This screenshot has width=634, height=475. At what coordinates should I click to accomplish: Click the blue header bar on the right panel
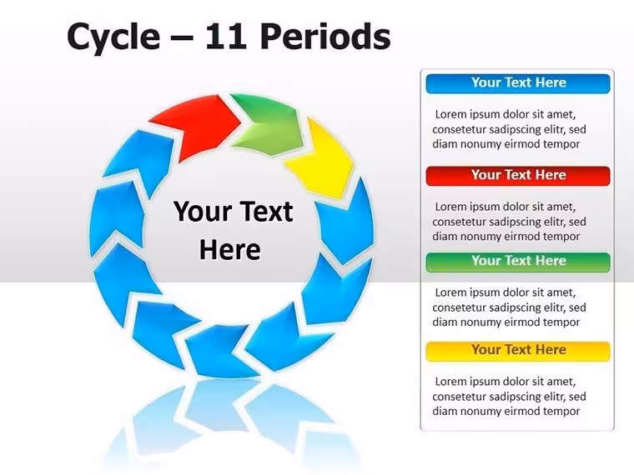tap(518, 83)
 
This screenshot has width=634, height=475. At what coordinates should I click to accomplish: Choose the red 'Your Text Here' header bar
tap(518, 176)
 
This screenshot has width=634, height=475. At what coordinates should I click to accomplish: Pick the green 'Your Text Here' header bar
tap(518, 262)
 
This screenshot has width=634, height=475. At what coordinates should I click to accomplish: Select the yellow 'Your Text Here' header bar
tap(518, 351)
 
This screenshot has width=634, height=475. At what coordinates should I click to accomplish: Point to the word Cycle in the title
tap(113, 37)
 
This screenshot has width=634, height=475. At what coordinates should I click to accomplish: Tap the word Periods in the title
tap(325, 36)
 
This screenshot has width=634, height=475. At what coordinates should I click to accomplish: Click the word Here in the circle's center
tap(229, 249)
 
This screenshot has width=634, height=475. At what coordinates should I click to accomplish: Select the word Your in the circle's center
tap(198, 211)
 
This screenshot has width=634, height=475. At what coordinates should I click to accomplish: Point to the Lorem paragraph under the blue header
tap(509, 129)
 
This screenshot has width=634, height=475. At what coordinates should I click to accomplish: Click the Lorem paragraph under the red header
tap(509, 222)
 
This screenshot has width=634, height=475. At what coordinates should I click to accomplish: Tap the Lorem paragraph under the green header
tap(509, 307)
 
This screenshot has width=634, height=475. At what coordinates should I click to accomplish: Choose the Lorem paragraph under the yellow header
tap(509, 396)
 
